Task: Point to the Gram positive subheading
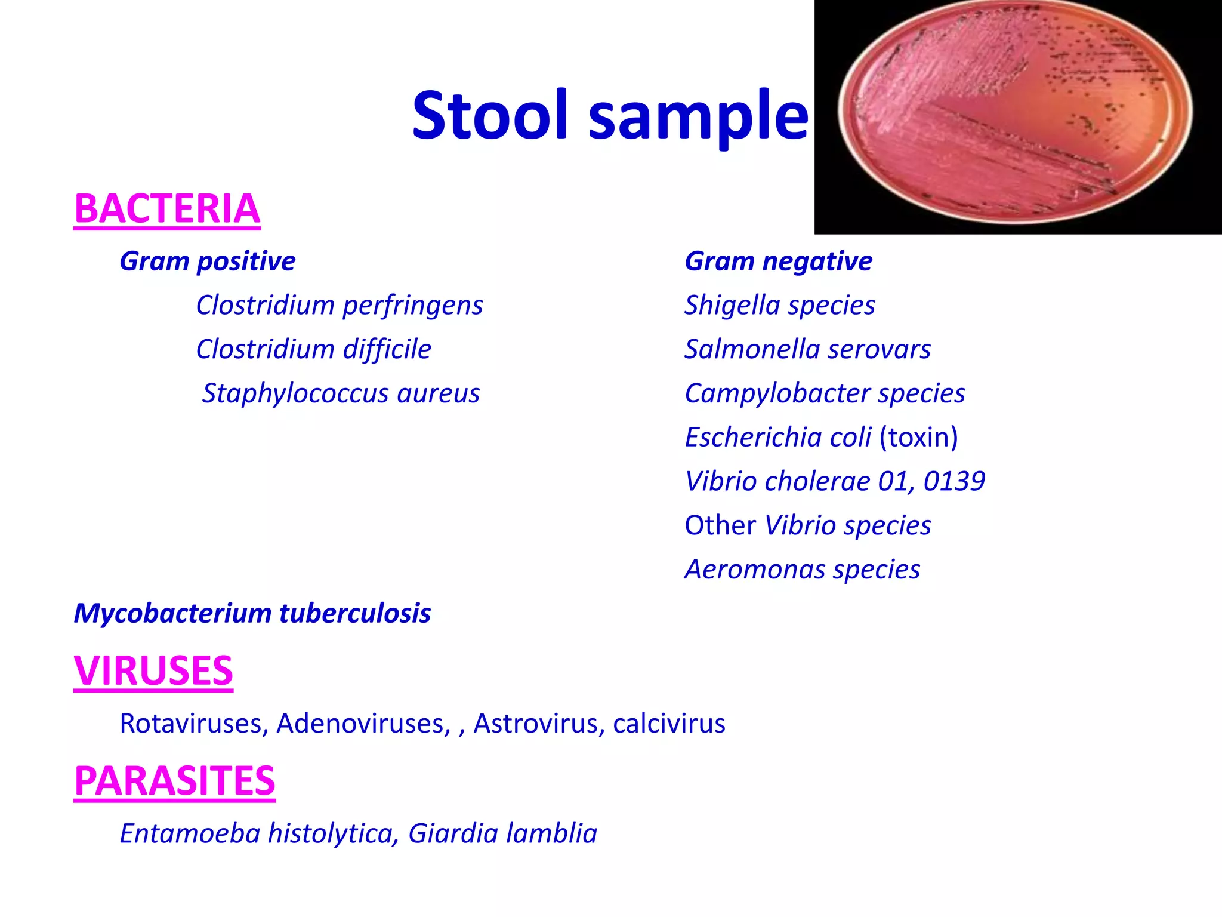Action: pyautogui.click(x=207, y=261)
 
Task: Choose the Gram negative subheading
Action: pyautogui.click(x=778, y=261)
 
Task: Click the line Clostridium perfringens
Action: pyautogui.click(x=339, y=306)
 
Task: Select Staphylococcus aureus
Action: pyautogui.click(x=341, y=393)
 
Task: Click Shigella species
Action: pyautogui.click(x=779, y=306)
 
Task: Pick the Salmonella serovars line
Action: pyautogui.click(x=807, y=350)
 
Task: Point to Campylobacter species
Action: pyautogui.click(x=825, y=393)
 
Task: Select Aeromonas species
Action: pyautogui.click(x=802, y=570)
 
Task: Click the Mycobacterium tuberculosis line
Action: pyautogui.click(x=252, y=614)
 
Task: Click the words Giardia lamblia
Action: pyautogui.click(x=502, y=833)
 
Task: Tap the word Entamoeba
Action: pyautogui.click(x=189, y=833)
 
